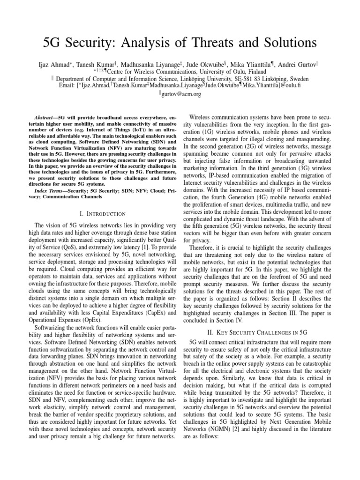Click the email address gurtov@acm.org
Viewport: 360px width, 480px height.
[182, 94]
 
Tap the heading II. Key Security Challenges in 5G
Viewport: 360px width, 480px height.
[261, 331]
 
